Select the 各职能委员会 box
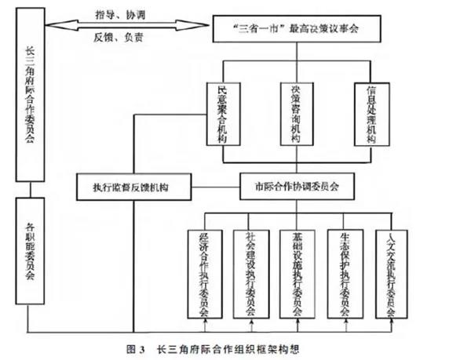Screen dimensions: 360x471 click(29, 251)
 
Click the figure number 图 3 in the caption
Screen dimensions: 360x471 click(135, 349)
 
